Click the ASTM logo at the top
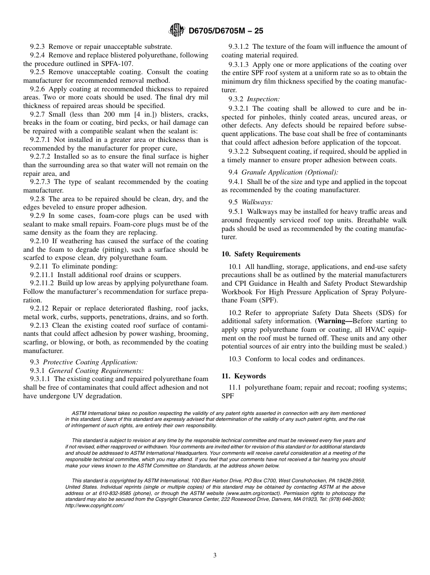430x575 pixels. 176,31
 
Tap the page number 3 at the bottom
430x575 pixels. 215,556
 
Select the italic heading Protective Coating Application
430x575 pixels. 91,362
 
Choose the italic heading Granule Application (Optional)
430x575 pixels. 290,172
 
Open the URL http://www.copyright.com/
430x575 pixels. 95,505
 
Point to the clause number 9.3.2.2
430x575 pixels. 239,151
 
